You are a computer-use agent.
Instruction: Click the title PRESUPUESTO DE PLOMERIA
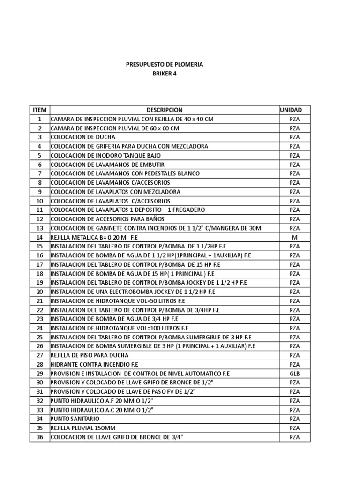point(165,64)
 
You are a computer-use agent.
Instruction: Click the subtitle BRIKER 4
point(165,74)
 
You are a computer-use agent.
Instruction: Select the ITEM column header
point(40,110)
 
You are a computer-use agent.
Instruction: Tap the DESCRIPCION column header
point(164,110)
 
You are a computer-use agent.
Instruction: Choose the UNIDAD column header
point(294,110)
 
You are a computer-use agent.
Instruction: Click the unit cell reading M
point(294,237)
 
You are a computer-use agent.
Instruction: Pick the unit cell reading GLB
point(294,374)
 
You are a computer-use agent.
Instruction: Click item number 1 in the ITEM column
point(40,119)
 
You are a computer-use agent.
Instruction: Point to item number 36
point(40,437)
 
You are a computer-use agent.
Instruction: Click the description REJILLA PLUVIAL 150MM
point(83,428)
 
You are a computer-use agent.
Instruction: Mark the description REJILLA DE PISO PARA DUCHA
point(90,355)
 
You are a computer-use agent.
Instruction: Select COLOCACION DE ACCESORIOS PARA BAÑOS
point(107,219)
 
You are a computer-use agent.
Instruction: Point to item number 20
point(40,292)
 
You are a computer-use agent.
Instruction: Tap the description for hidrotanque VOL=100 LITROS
point(119,328)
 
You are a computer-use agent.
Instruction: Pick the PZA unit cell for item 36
point(294,437)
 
